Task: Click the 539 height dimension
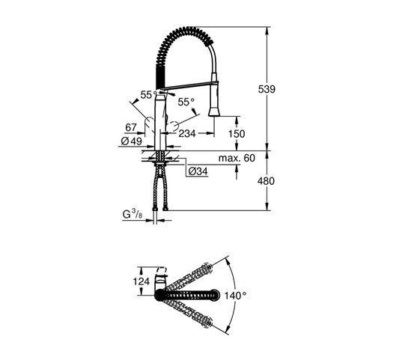[x=267, y=89]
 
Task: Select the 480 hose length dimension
[x=266, y=181]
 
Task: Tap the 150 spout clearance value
[x=237, y=134]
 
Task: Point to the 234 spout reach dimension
[x=187, y=133]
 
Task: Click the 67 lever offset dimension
[x=131, y=127]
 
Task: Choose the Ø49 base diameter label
[x=132, y=141]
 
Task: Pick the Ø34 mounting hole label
[x=198, y=171]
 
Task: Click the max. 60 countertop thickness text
[x=237, y=158]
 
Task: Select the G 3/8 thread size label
[x=133, y=214]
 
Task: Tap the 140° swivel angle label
[x=235, y=296]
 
